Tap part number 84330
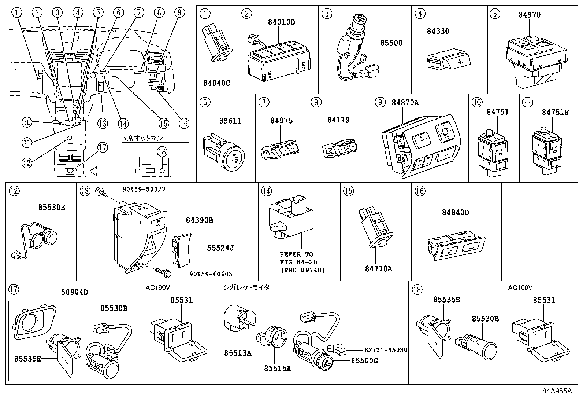click(438, 31)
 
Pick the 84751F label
click(555, 112)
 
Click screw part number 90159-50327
click(141, 190)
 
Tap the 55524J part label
click(220, 248)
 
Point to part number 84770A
click(378, 269)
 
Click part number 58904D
click(74, 292)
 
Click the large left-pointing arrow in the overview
click(112, 171)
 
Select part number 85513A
click(238, 353)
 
